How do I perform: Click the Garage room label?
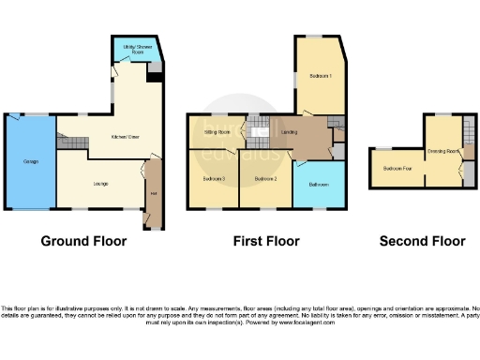tap(19, 161)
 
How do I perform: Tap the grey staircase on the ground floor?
tap(70, 142)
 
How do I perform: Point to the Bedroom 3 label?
tap(215, 178)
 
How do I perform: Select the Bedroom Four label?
tap(397, 169)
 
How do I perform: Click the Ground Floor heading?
tap(82, 241)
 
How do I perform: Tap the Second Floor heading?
tap(422, 241)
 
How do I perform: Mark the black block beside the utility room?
tap(154, 79)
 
